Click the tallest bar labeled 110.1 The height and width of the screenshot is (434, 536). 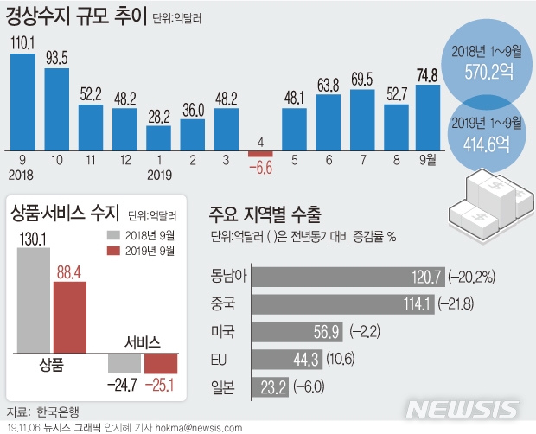click(22, 100)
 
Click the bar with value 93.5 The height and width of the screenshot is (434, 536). click(56, 107)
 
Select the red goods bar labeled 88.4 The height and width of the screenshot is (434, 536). click(71, 316)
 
